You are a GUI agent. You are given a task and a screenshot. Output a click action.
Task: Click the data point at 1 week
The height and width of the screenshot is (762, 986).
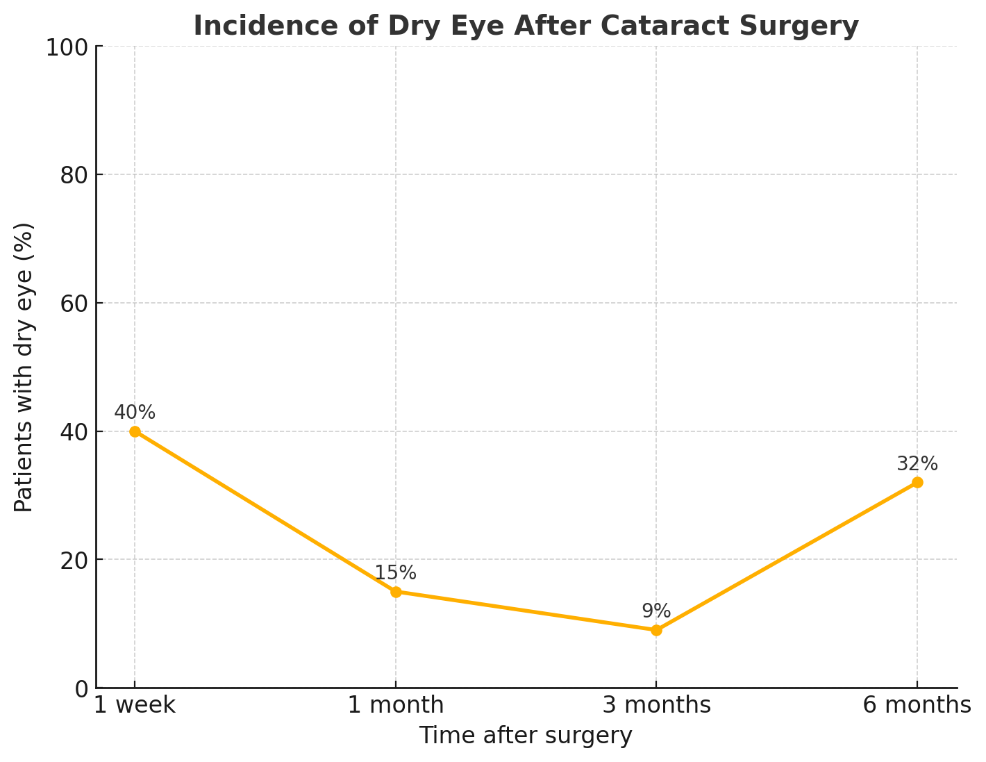click(135, 431)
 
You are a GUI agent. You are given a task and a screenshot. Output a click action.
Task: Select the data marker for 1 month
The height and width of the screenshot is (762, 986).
click(396, 592)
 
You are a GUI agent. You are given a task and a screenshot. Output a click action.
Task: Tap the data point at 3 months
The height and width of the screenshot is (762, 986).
click(656, 630)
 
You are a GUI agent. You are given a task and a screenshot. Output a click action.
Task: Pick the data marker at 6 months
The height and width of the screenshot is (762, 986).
click(917, 482)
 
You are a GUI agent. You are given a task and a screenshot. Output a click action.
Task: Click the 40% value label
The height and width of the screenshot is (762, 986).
click(135, 413)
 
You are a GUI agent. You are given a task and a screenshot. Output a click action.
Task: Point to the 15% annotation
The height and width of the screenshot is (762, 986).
click(396, 573)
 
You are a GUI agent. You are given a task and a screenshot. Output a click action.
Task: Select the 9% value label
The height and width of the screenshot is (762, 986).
click(656, 611)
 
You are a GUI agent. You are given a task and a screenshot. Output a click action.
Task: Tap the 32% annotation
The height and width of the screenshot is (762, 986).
click(917, 464)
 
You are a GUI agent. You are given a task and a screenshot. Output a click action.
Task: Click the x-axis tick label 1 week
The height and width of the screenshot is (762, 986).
click(135, 706)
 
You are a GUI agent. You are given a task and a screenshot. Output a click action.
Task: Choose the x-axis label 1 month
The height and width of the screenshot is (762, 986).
click(396, 706)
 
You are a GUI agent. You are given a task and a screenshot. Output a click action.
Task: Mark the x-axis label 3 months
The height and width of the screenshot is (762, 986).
click(656, 706)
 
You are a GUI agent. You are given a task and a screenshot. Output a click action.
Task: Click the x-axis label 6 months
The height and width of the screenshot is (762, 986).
click(917, 706)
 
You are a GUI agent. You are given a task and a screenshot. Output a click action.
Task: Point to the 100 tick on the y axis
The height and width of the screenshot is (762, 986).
click(66, 47)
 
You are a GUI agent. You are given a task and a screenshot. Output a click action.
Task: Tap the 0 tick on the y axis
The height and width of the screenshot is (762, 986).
click(81, 688)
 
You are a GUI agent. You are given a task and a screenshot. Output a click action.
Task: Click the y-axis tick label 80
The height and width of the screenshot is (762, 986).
click(73, 175)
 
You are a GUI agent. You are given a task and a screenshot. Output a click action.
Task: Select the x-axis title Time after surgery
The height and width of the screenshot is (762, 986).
click(526, 736)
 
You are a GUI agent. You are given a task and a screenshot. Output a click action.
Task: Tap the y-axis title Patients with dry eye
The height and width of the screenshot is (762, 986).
click(24, 367)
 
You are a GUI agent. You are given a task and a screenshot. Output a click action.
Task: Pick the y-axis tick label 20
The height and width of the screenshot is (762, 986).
click(73, 560)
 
